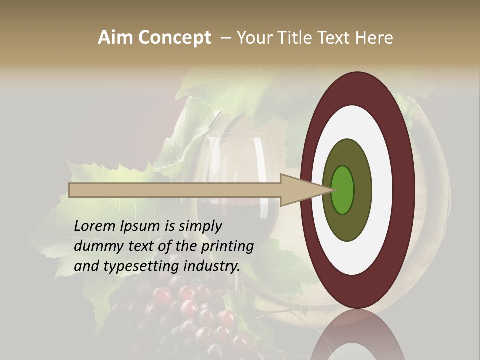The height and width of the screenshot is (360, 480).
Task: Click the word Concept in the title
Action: pyautogui.click(x=175, y=38)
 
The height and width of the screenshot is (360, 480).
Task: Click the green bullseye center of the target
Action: pyautogui.click(x=343, y=190)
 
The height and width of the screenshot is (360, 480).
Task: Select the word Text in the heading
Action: pyautogui.click(x=333, y=38)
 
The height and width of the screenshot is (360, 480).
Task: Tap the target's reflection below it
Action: pyautogui.click(x=358, y=340)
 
